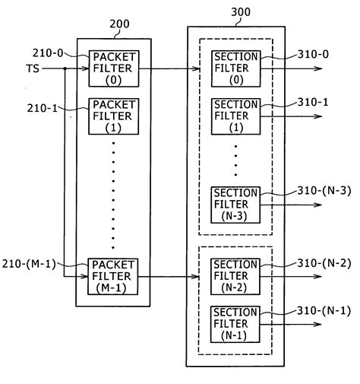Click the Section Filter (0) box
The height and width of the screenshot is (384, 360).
(235, 68)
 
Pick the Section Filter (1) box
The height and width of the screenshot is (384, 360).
(235, 115)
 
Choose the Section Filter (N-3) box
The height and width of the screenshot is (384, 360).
(235, 203)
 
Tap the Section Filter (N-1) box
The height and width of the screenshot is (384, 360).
(235, 324)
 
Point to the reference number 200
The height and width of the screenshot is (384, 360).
(119, 24)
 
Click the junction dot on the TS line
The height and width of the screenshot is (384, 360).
(65, 68)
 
